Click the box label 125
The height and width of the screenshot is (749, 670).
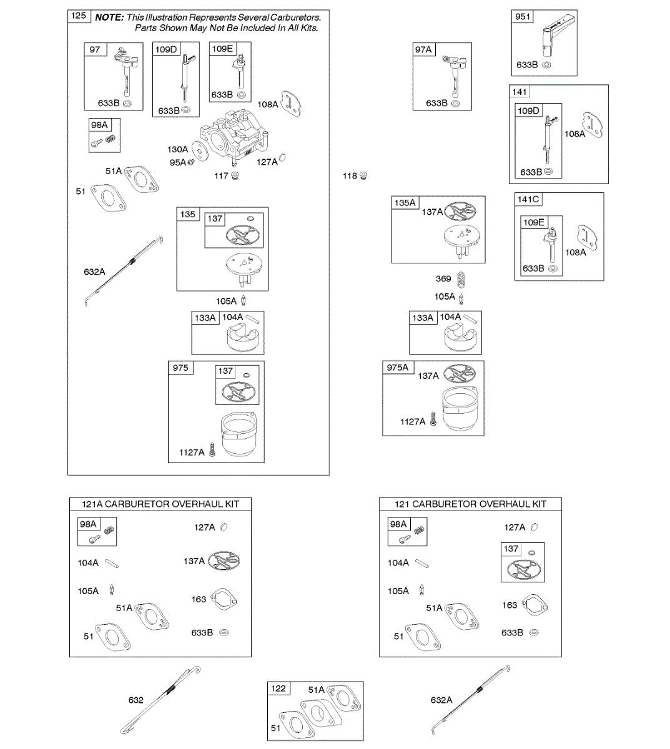[x=79, y=16]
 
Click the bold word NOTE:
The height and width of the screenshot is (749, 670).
[x=109, y=17]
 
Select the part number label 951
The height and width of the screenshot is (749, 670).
[x=523, y=17]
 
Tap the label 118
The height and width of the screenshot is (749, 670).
[x=350, y=176]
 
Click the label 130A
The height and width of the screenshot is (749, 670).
[x=177, y=149]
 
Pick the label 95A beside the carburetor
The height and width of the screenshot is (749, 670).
[x=177, y=162]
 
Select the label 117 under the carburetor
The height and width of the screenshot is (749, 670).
[x=221, y=176]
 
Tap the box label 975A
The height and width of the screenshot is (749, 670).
[x=398, y=368]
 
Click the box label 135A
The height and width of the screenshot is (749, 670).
[x=405, y=202]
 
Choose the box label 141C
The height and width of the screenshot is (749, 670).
[x=528, y=199]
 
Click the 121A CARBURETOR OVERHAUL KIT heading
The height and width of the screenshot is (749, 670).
[x=160, y=504]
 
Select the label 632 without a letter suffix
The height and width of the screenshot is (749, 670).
[x=135, y=700]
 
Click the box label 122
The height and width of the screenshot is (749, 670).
[x=278, y=688]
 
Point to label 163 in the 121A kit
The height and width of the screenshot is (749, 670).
[x=199, y=599]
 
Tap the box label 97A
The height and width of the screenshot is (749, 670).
[x=423, y=49]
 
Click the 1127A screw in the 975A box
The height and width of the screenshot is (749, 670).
[x=433, y=422]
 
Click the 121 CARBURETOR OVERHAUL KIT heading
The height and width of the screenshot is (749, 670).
[x=470, y=504]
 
